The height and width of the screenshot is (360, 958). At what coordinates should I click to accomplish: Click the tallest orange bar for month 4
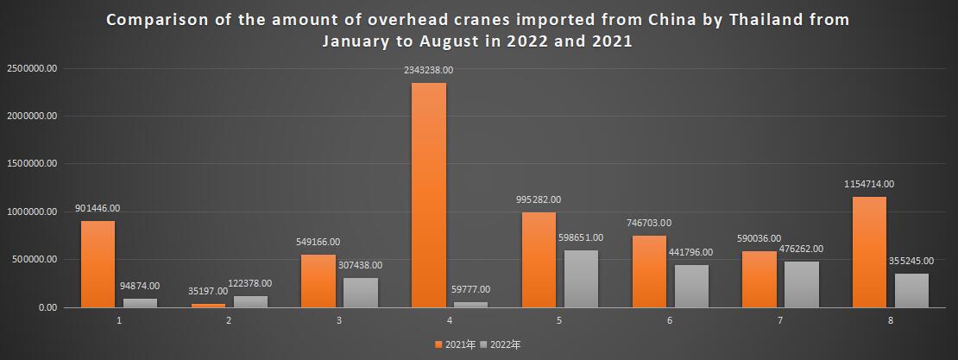(x=428, y=194)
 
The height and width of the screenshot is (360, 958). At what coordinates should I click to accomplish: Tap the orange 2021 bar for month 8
(x=869, y=251)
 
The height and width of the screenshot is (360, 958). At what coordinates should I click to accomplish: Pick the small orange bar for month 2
(x=208, y=305)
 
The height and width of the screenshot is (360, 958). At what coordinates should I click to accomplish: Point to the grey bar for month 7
(x=802, y=284)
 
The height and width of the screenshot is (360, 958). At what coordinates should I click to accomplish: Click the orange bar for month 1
(x=98, y=263)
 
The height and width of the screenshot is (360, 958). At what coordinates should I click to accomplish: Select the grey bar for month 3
(x=361, y=292)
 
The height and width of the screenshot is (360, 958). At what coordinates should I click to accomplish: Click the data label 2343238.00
(x=428, y=70)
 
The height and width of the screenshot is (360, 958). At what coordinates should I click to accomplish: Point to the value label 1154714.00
(x=869, y=184)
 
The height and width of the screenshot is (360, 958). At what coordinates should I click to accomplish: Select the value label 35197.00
(x=208, y=291)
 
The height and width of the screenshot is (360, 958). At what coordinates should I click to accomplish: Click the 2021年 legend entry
(x=456, y=344)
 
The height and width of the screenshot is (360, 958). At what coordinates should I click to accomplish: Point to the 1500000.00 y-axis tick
(x=31, y=163)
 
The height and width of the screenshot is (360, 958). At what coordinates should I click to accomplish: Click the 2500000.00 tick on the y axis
(x=31, y=68)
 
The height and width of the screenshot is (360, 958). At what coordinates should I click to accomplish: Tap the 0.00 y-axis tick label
(x=43, y=307)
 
